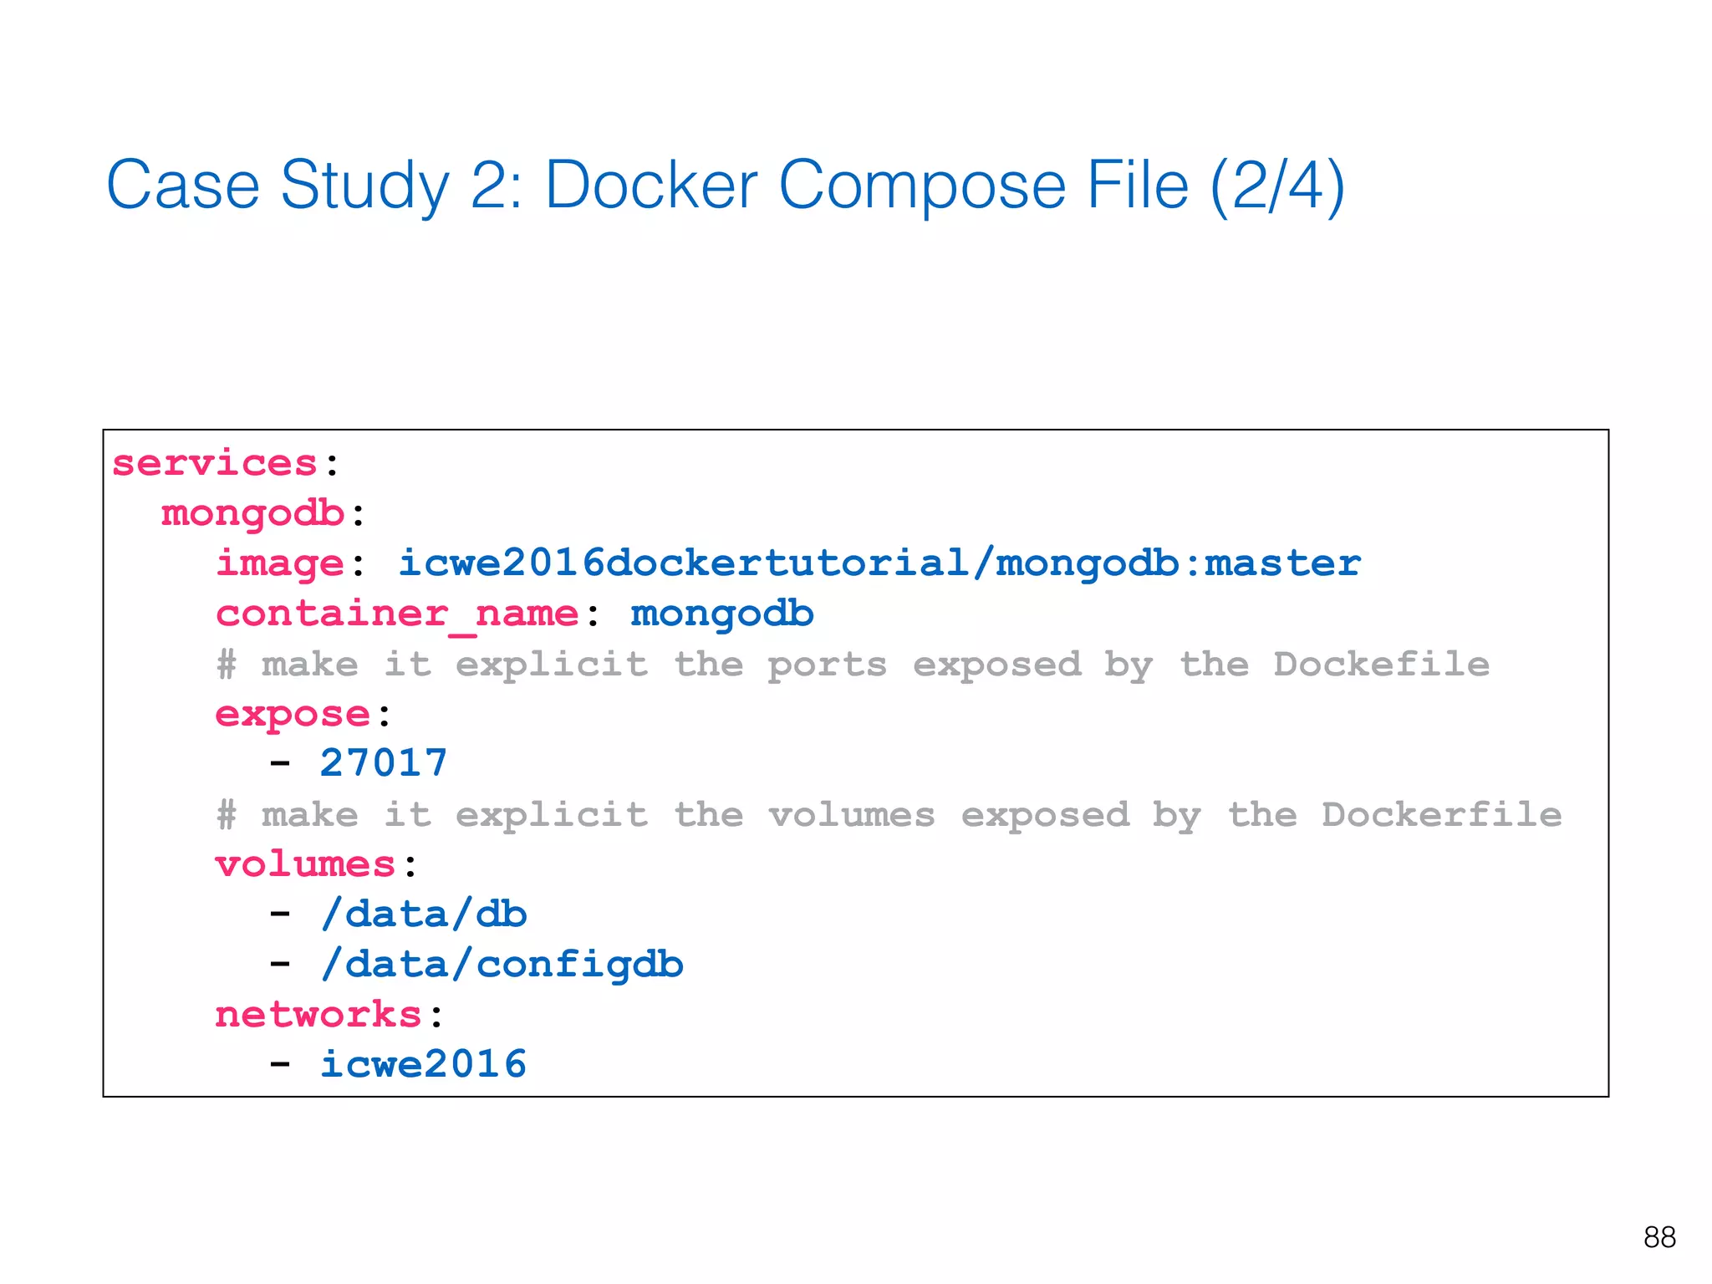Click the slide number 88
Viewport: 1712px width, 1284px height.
coord(1658,1237)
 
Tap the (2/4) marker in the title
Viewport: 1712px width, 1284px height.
coord(1277,186)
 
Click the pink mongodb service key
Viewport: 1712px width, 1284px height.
coord(252,513)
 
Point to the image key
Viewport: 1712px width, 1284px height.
coord(279,563)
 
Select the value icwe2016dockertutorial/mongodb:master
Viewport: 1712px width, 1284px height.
coord(879,563)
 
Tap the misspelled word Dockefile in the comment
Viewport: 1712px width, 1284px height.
coord(1381,665)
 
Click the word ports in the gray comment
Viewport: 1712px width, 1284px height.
coord(827,665)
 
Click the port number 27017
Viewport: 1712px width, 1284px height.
coord(384,763)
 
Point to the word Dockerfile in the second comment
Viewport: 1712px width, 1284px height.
coord(1441,815)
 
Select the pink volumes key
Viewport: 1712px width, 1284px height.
coord(305,864)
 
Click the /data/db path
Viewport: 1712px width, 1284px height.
coord(424,915)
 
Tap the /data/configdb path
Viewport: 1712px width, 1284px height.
coord(502,965)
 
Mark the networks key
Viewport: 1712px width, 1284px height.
coord(318,1015)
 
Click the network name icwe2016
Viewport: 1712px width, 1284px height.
coord(424,1064)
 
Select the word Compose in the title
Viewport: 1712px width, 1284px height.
coord(921,186)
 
